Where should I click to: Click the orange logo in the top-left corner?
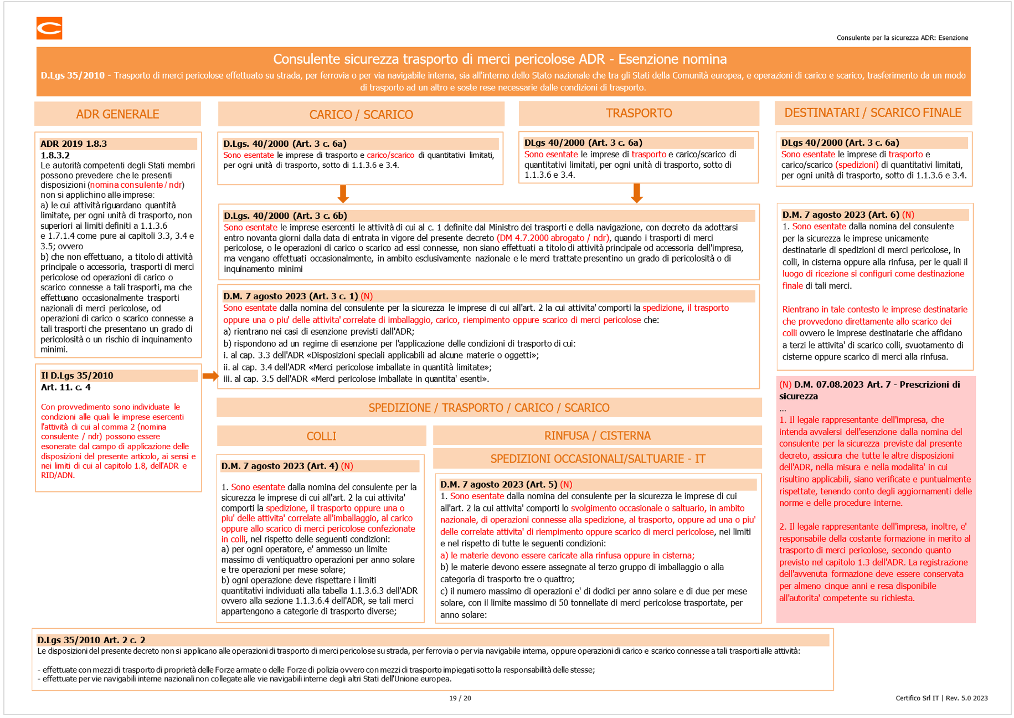49,28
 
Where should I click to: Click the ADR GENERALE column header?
117,114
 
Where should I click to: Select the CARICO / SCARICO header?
361,115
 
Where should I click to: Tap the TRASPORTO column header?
639,113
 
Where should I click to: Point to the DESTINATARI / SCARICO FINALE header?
873,113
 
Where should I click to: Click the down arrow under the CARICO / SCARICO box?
343,194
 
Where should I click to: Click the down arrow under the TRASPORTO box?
637,193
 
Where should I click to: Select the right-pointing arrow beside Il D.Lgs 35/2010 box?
210,376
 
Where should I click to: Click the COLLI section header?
321,436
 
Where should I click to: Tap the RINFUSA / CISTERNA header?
597,435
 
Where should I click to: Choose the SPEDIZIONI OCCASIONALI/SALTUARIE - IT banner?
598,459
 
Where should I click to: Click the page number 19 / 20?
460,698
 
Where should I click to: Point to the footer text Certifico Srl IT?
917,698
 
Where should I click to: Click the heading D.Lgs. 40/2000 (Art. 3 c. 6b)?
285,216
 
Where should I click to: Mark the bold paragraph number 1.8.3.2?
55,155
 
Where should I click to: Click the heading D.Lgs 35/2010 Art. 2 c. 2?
91,640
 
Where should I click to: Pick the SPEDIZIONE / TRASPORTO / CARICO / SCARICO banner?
489,408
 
